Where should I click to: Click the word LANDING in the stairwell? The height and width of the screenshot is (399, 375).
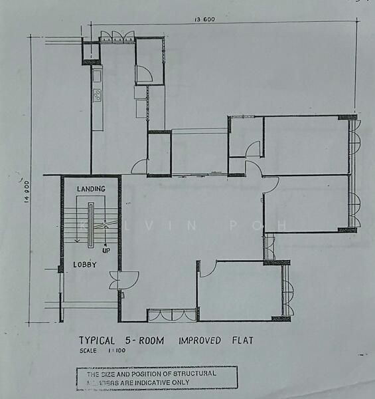[x=91, y=190]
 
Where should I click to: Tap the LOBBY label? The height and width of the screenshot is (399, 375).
[x=85, y=265]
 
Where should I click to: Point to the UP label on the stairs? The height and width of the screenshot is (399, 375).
[x=105, y=250]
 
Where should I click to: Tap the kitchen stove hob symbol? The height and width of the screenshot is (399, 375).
[x=97, y=94]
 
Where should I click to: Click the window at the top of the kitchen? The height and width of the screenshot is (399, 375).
[x=118, y=36]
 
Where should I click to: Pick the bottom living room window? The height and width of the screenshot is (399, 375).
[x=171, y=315]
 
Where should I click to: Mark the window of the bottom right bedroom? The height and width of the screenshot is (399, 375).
[x=287, y=290]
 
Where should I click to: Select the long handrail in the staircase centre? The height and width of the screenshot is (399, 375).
[x=92, y=223]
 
